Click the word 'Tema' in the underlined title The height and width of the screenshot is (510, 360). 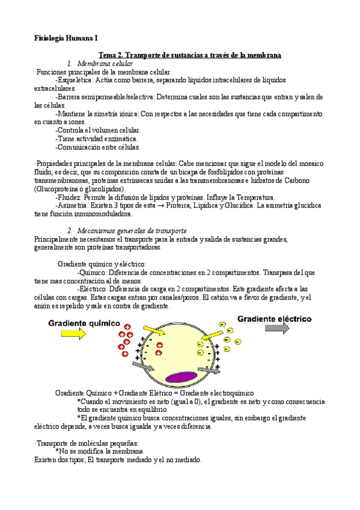(x=109, y=55)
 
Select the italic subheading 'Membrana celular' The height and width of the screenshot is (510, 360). (x=105, y=64)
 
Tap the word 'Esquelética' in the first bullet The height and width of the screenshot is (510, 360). (x=75, y=80)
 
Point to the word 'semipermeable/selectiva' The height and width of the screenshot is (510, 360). (x=111, y=96)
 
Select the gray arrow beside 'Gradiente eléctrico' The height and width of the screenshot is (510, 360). (x=277, y=328)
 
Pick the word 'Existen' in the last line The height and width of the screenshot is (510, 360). (x=47, y=460)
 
